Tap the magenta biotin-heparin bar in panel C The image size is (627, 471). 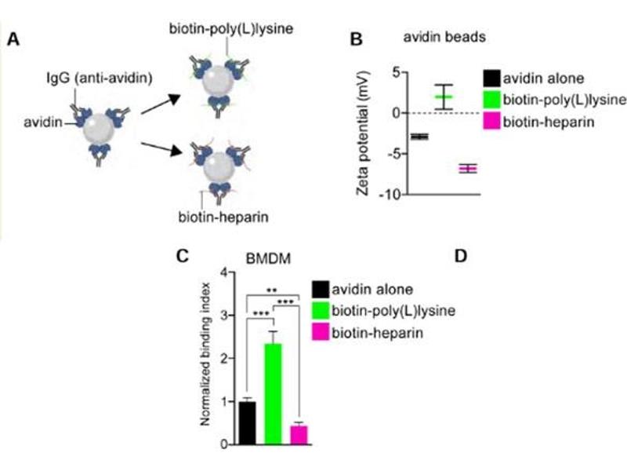[x=298, y=434]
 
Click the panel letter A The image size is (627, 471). [x=13, y=39]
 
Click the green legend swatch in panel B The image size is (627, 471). [x=492, y=100]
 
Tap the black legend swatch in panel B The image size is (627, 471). [x=492, y=78]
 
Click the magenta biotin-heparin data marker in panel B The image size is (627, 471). [x=468, y=168]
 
